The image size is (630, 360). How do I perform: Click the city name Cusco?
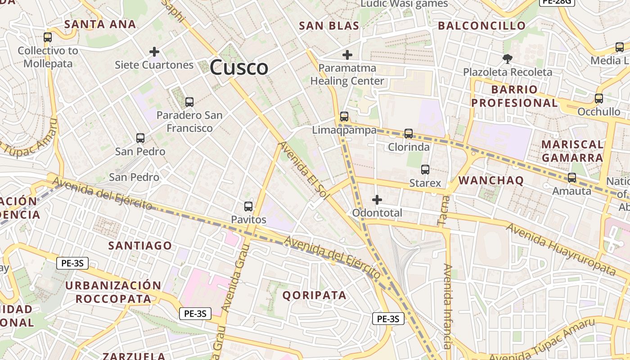[x=239, y=67]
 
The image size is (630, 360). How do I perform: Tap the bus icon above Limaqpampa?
[x=344, y=117]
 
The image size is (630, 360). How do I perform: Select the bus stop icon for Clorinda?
[x=409, y=133]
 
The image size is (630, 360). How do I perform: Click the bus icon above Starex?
[x=425, y=170]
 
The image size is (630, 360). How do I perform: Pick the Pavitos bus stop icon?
[x=248, y=207]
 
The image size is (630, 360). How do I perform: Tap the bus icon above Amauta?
[x=572, y=178]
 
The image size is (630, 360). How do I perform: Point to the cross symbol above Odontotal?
[x=377, y=199]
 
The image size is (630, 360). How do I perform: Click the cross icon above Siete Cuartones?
[x=154, y=52]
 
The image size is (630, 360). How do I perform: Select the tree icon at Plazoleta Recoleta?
[x=508, y=58]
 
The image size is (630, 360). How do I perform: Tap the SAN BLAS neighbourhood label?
[x=329, y=26]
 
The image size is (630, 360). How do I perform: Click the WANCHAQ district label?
[x=491, y=180]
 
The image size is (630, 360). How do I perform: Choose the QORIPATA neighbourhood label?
[x=315, y=295]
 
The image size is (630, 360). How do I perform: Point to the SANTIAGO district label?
[x=140, y=245]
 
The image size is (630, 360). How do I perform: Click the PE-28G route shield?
[x=557, y=2]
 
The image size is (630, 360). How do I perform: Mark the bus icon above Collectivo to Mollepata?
[x=48, y=37]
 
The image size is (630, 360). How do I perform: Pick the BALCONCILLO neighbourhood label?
[x=482, y=26]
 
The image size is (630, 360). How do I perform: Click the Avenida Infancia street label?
[x=447, y=306]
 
